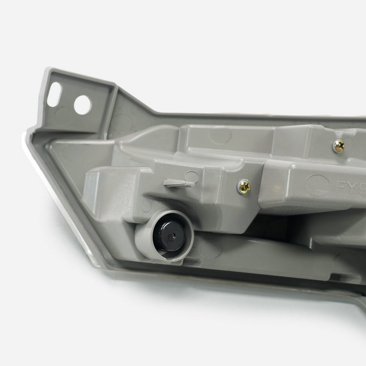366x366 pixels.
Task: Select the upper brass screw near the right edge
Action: tap(339, 145)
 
